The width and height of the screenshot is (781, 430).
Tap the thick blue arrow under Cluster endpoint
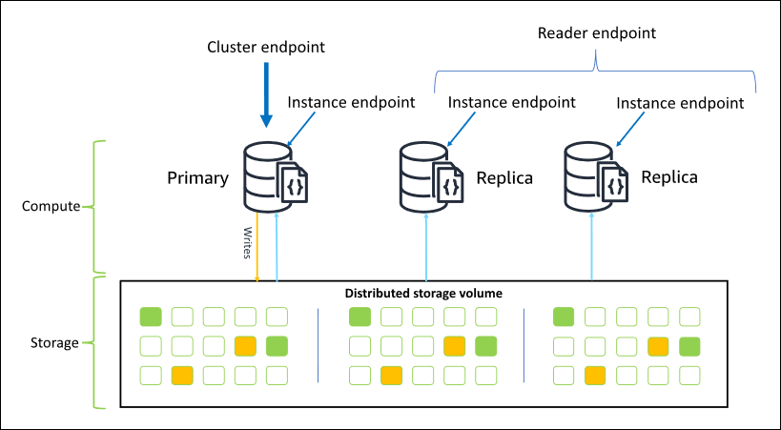pyautogui.click(x=267, y=100)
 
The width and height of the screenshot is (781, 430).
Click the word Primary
pyautogui.click(x=197, y=178)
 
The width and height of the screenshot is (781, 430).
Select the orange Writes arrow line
pyautogui.click(x=257, y=250)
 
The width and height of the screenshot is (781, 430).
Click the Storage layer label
pyautogui.click(x=53, y=341)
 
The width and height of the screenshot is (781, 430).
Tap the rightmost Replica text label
pyautogui.click(x=668, y=177)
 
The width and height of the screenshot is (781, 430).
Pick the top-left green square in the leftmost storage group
pyautogui.click(x=151, y=317)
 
